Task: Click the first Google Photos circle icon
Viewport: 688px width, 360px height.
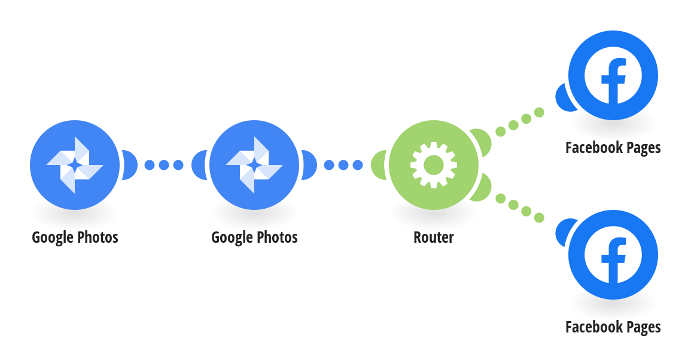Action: click(75, 165)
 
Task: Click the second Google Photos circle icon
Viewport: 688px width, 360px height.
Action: click(254, 165)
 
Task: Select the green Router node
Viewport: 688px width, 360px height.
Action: click(434, 165)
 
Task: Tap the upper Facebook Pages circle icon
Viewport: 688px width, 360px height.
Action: click(613, 75)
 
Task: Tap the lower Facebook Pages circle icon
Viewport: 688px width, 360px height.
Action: click(613, 255)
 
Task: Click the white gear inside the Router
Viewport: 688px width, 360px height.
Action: click(434, 165)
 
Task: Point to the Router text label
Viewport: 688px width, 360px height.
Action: click(434, 237)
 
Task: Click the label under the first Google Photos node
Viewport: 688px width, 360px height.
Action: click(75, 237)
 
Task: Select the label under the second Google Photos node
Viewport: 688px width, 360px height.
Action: click(254, 237)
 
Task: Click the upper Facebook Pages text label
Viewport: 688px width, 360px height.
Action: click(613, 148)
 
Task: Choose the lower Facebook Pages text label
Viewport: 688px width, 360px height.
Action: click(613, 327)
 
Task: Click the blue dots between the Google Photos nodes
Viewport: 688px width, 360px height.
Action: click(164, 165)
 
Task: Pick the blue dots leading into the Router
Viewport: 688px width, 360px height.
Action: click(343, 165)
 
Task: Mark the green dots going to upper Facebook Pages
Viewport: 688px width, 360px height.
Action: click(520, 122)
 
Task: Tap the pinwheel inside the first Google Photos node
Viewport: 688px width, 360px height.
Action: click(75, 165)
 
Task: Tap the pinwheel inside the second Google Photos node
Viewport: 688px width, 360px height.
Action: click(254, 165)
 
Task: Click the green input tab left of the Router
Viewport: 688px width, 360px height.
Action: click(378, 165)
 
